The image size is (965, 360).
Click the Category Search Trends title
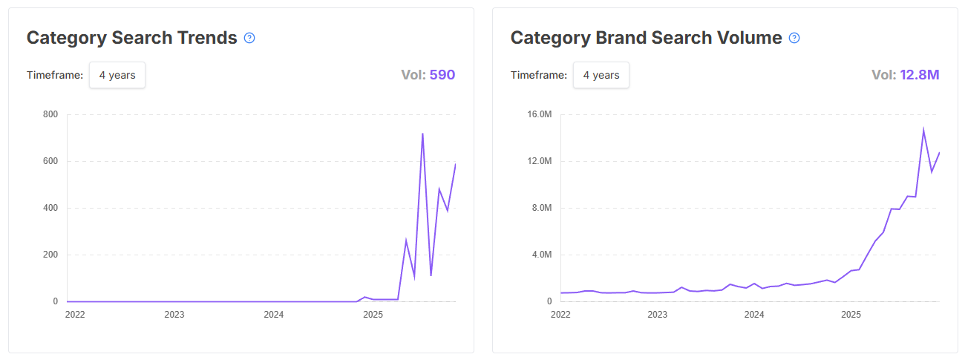[x=131, y=38]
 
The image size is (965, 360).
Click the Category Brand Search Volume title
[x=646, y=38]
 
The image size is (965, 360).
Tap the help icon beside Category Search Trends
[x=249, y=38]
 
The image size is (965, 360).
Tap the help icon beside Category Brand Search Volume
[x=794, y=38]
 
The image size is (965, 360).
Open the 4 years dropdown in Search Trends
[x=117, y=75]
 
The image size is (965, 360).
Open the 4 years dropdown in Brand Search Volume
[x=601, y=75]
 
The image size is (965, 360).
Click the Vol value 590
[x=442, y=75]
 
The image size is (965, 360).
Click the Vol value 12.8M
[x=920, y=75]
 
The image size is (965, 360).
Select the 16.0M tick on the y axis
[x=539, y=114]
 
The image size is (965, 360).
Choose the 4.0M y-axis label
[x=541, y=255]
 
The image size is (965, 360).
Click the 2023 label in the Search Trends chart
[x=174, y=315]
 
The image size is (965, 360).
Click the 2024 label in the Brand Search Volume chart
[x=754, y=315]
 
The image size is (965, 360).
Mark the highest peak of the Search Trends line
[x=422, y=134]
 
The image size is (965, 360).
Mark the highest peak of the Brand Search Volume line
[x=923, y=130]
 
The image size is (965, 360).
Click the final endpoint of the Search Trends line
[x=455, y=164]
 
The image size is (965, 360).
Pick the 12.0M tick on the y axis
[x=539, y=161]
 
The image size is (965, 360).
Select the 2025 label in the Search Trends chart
[x=373, y=315]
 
